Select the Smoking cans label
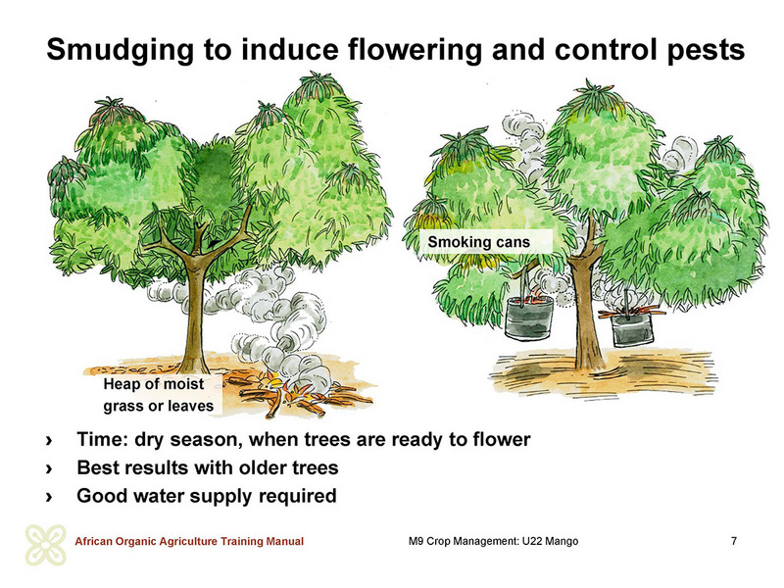click(x=478, y=242)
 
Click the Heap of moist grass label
click(x=159, y=395)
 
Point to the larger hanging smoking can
click(x=529, y=318)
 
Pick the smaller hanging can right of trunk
click(x=632, y=327)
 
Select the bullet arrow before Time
click(x=49, y=440)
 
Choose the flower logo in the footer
click(x=45, y=545)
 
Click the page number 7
click(x=733, y=541)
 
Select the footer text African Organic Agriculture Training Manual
click(x=189, y=542)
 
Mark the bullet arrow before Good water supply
click(x=49, y=498)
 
